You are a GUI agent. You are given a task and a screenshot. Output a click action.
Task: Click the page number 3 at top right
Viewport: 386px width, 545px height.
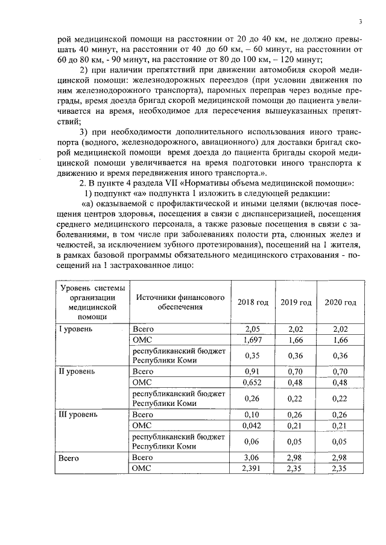(x=359, y=22)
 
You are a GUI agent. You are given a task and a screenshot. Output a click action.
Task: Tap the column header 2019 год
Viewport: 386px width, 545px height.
(x=296, y=302)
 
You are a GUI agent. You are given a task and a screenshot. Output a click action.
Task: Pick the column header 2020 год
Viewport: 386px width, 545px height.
(x=340, y=302)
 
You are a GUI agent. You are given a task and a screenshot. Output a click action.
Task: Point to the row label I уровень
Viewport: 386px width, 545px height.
(x=75, y=329)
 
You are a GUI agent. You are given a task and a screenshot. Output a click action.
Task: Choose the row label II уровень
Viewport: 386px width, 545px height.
(x=77, y=372)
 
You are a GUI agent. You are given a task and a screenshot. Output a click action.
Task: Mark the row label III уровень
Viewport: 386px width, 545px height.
(x=78, y=415)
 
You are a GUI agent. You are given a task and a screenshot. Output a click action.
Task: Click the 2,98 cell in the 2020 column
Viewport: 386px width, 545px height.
(x=340, y=458)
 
